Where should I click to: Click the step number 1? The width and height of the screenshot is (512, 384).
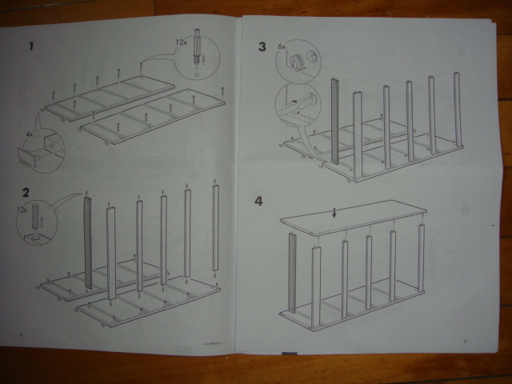pyautogui.click(x=32, y=46)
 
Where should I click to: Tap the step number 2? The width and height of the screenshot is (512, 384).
pyautogui.click(x=26, y=192)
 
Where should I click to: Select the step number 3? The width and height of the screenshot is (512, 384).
pyautogui.click(x=262, y=47)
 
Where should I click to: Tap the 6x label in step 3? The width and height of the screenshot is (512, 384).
pyautogui.click(x=281, y=47)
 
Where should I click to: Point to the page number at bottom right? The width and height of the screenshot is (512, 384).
pyautogui.click(x=464, y=341)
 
